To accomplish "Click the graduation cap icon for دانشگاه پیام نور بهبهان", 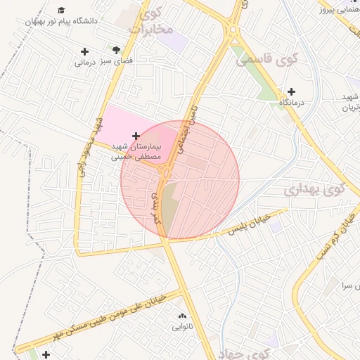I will pos(63,11).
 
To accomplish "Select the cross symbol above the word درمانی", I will pos(85,51).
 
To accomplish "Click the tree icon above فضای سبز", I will pos(117,49).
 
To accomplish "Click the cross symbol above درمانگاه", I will pos(291,91).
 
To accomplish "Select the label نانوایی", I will pos(182,327).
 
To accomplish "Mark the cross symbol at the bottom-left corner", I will pos(46,354).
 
